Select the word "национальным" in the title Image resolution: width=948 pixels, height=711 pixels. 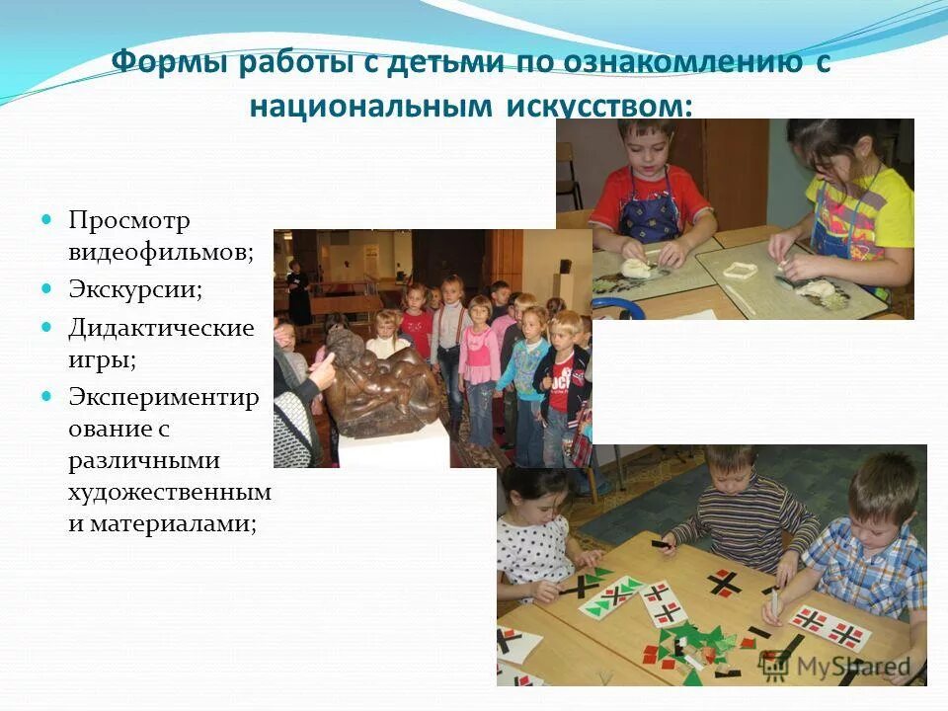coord(370,105)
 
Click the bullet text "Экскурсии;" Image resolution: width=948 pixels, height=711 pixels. coord(134,290)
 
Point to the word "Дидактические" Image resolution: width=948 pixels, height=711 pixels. coord(161,327)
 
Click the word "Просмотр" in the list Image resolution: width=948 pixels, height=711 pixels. coord(128,218)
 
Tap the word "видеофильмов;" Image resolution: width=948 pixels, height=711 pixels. coord(161,252)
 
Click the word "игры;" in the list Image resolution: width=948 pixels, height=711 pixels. coord(102,359)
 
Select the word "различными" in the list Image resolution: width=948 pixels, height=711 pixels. coord(144,460)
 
